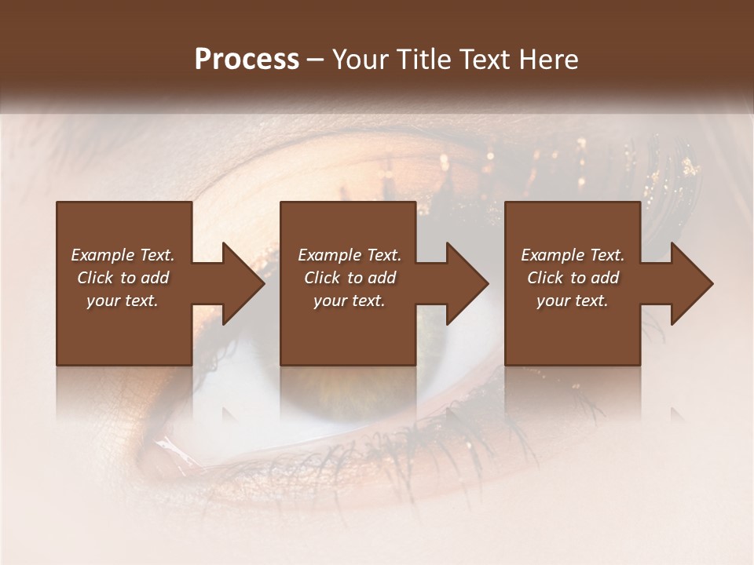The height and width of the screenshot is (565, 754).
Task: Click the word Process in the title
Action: click(x=247, y=60)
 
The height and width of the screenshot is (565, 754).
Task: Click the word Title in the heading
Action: click(x=423, y=60)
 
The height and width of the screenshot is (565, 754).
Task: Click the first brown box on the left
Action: click(x=124, y=330)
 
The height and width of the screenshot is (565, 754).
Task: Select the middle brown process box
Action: click(x=348, y=330)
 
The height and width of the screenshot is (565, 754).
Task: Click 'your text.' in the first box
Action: click(x=123, y=301)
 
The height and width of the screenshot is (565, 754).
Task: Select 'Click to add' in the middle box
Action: click(x=350, y=278)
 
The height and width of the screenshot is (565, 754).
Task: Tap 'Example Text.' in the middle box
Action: click(x=350, y=255)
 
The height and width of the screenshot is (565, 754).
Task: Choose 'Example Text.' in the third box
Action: click(x=573, y=255)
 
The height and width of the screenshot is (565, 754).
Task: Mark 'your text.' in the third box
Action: click(x=573, y=301)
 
